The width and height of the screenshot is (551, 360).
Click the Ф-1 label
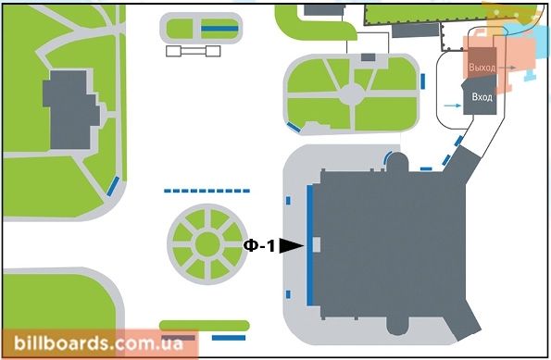(x=259, y=245)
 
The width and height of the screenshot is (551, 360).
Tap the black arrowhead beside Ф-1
(x=291, y=246)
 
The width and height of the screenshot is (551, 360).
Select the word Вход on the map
(x=482, y=97)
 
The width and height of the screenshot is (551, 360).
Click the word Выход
(x=482, y=67)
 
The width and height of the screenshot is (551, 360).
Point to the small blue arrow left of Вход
(x=453, y=106)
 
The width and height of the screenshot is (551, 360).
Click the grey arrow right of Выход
(x=507, y=68)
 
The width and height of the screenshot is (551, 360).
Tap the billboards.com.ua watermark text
(x=98, y=343)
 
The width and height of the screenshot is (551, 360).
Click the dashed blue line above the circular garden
(x=207, y=191)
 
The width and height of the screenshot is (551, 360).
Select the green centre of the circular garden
(x=207, y=244)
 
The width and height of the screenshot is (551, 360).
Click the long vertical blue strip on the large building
(x=310, y=245)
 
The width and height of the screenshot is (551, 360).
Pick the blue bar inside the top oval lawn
(x=219, y=29)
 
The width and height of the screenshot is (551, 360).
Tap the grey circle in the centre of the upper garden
(x=352, y=93)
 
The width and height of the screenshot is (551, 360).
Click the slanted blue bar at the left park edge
(x=113, y=186)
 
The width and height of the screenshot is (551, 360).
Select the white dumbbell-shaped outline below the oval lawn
(x=194, y=51)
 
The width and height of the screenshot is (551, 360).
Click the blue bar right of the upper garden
(x=422, y=81)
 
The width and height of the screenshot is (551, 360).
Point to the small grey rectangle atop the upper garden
(x=369, y=56)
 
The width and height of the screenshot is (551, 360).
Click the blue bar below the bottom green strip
(x=229, y=338)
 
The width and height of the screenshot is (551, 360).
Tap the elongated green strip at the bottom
(x=205, y=326)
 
